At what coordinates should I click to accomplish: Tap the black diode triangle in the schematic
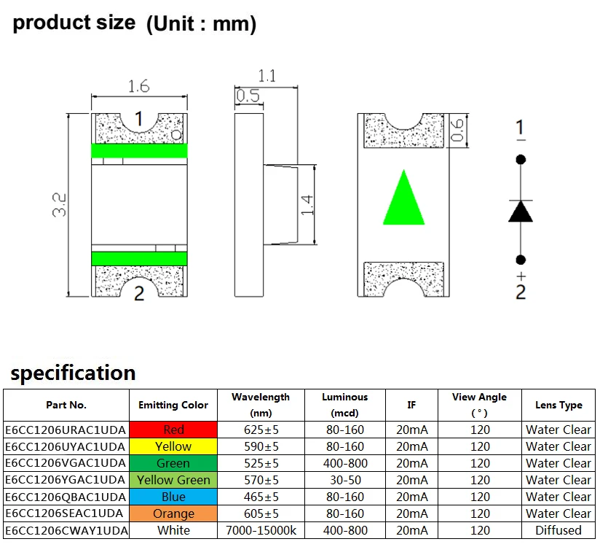[521, 212]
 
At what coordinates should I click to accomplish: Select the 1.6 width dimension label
[138, 87]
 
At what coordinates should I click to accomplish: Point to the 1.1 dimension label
[267, 75]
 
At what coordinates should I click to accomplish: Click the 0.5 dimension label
[248, 96]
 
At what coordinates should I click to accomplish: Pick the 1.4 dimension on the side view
[307, 205]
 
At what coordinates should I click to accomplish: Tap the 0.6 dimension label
[457, 130]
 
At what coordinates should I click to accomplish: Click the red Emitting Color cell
[173, 430]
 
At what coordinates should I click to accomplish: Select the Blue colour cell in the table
[173, 497]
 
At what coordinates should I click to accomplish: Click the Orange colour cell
[173, 513]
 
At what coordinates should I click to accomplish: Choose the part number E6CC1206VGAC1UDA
[66, 463]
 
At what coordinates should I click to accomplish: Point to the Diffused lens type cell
[558, 530]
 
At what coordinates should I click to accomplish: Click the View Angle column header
[479, 404]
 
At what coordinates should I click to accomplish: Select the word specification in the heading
[73, 373]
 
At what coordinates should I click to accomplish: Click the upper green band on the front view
[139, 151]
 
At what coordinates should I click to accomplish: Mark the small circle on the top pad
[176, 135]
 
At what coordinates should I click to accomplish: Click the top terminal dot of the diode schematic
[521, 159]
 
